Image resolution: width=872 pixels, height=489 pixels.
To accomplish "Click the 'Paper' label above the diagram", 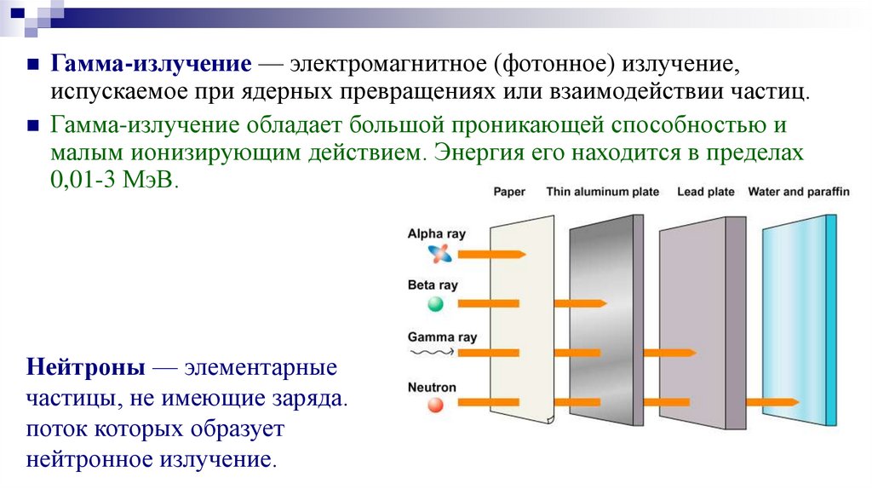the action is [509, 192].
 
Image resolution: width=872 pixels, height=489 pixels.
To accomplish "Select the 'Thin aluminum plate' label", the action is [602, 192].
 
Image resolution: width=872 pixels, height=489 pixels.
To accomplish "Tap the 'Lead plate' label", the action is [705, 192].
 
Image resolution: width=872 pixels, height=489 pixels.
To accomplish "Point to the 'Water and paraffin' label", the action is [798, 192].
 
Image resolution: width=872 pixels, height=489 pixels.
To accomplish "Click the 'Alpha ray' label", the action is [437, 233].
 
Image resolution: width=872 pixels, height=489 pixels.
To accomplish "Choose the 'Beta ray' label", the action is [433, 285].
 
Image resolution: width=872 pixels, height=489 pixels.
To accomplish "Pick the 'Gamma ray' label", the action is [442, 337].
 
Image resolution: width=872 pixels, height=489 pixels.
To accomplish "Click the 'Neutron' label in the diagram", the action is [432, 388].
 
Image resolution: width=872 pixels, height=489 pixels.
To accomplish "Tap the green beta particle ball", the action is [436, 303].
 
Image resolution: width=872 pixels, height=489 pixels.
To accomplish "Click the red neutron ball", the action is [436, 406].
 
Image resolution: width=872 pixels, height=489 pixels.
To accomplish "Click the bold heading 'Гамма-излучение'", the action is [150, 65].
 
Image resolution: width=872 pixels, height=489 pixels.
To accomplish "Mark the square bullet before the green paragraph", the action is [32, 125].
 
